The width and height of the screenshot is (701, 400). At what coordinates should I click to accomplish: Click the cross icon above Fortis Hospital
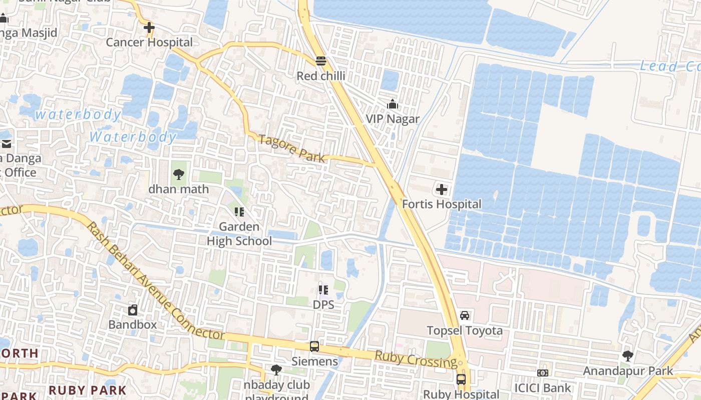(x=442, y=189)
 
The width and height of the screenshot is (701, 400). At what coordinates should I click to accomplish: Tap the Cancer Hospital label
(x=149, y=42)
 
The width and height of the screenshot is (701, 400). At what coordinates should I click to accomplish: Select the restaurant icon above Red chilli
(x=321, y=61)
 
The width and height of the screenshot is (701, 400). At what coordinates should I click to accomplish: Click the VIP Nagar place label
(x=393, y=119)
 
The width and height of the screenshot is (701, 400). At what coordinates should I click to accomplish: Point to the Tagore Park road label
(x=292, y=148)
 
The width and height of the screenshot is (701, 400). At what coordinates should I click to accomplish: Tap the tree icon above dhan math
(x=178, y=174)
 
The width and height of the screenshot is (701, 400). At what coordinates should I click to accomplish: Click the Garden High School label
(x=239, y=234)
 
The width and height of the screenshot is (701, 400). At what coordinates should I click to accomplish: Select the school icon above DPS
(x=323, y=289)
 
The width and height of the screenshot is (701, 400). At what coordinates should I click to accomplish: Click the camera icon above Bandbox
(x=133, y=310)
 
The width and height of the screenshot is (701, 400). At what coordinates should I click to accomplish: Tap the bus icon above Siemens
(x=314, y=346)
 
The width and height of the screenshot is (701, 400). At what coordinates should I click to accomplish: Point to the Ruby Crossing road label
(x=416, y=359)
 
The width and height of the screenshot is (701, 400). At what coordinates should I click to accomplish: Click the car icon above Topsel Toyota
(x=465, y=315)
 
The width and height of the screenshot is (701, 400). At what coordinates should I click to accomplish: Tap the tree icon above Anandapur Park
(x=628, y=356)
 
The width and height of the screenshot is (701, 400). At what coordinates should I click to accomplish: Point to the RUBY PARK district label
(x=87, y=390)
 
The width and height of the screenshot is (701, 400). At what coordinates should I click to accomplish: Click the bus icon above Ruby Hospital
(x=461, y=379)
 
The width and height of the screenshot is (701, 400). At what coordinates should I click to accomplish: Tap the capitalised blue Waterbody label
(x=133, y=136)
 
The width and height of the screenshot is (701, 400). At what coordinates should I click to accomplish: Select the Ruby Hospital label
(x=461, y=394)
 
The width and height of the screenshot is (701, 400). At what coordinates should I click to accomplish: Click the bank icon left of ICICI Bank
(x=543, y=373)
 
